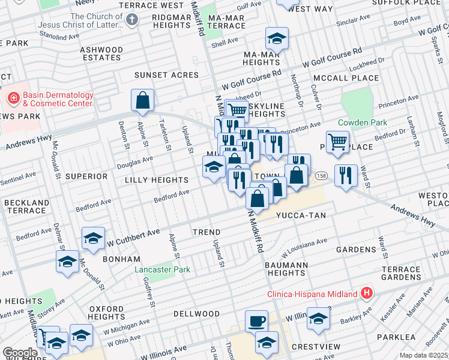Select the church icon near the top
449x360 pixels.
tap(132, 20)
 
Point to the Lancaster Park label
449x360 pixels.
tap(162, 270)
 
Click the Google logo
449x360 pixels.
tap(20, 353)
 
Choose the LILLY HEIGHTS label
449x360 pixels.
tap(157, 180)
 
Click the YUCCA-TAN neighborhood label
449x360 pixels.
tap(297, 214)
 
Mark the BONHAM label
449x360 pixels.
tap(121, 259)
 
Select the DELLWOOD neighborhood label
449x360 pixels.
tap(197, 314)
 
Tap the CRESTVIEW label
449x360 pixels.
tap(309, 347)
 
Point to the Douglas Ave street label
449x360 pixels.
tap(134, 162)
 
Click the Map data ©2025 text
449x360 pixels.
tap(423, 355)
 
